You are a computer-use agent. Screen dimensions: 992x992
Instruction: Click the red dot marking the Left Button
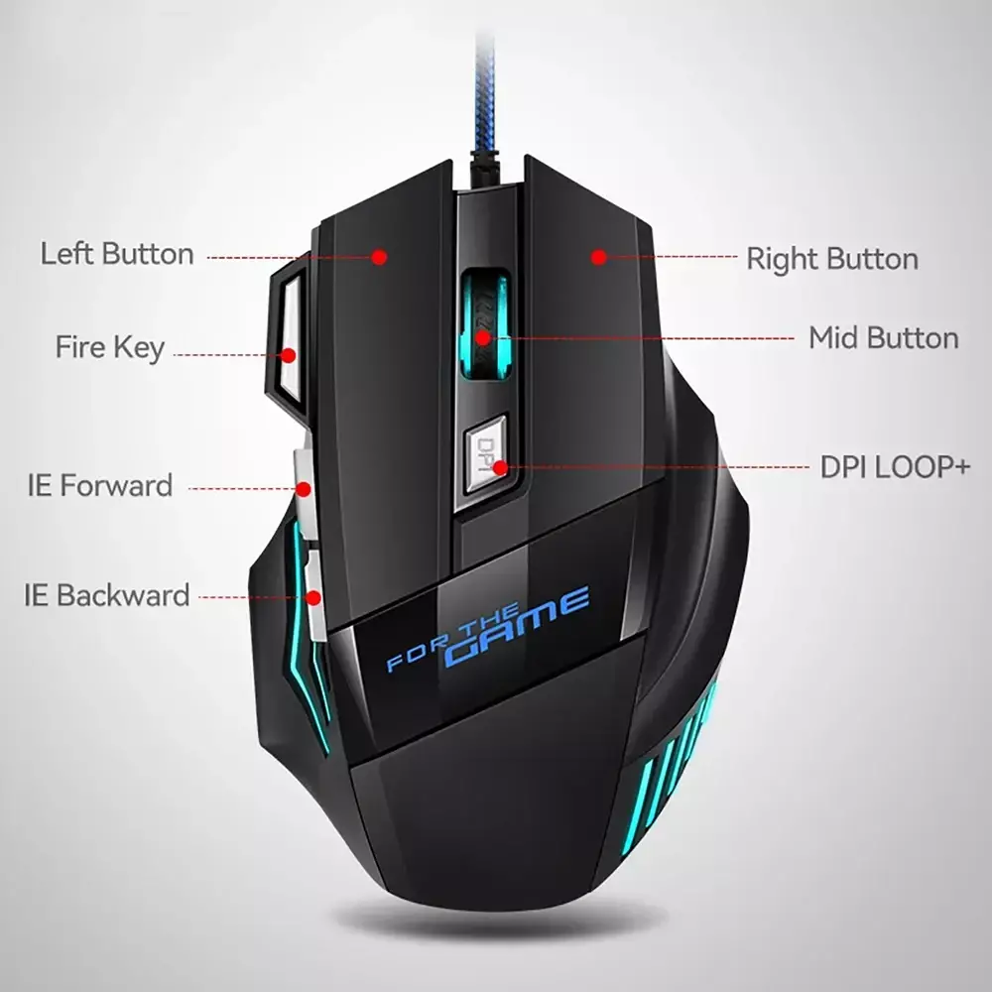click(x=379, y=257)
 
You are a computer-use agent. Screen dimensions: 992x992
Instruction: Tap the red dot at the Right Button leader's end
click(x=598, y=257)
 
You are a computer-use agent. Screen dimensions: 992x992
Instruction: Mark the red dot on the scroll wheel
click(x=483, y=338)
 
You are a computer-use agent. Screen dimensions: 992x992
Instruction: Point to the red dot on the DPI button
click(x=500, y=468)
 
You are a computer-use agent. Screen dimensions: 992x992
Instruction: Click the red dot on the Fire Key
click(x=289, y=355)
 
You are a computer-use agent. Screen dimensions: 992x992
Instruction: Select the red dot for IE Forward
click(x=304, y=489)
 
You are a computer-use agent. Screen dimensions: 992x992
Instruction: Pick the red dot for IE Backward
click(x=313, y=598)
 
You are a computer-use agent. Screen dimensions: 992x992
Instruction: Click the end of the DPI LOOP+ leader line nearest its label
click(x=808, y=467)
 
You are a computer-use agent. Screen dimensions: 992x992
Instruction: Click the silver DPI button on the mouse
click(x=486, y=454)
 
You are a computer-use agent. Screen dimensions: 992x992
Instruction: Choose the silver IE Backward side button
click(x=313, y=594)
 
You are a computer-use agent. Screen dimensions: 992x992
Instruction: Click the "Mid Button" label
click(x=883, y=338)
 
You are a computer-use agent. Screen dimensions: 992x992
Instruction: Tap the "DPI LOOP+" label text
click(x=895, y=467)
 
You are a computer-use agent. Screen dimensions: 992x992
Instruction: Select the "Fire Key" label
click(x=110, y=347)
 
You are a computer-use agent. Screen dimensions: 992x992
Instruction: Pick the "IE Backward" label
click(x=107, y=595)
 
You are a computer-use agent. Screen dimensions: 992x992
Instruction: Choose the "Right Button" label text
click(x=832, y=259)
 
